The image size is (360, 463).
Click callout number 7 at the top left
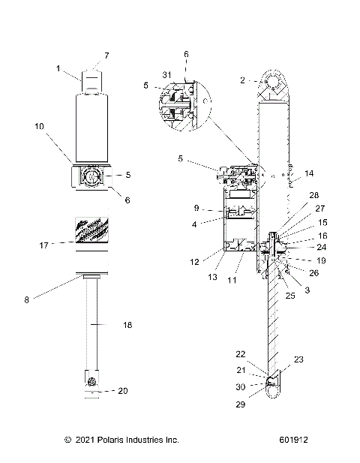(x=106, y=56)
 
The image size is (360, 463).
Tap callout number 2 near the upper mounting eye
(x=241, y=79)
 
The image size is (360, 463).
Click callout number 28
(x=299, y=216)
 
